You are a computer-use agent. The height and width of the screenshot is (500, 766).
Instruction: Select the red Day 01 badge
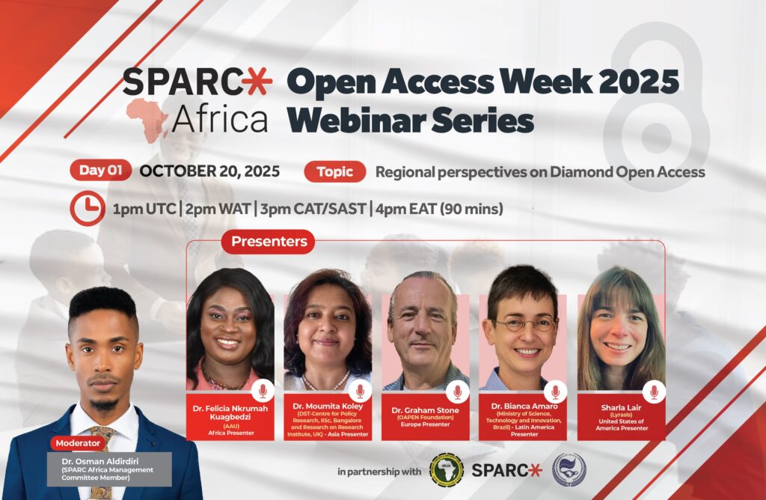(x=101, y=171)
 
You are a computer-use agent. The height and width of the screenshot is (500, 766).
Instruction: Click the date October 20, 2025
(x=209, y=171)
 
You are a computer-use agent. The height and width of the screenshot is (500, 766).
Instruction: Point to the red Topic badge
(x=334, y=171)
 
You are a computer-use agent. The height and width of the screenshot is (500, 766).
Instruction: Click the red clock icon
(x=88, y=208)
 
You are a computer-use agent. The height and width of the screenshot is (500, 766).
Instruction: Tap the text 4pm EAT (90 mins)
(x=439, y=209)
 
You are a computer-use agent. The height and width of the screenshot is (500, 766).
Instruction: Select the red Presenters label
(x=269, y=242)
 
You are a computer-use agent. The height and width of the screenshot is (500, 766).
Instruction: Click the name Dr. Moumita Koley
(x=328, y=406)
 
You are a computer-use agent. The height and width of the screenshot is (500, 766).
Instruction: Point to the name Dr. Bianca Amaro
(x=524, y=406)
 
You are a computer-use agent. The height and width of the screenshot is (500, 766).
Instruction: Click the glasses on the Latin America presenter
(x=524, y=323)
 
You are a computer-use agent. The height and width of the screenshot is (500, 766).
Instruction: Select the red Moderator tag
(x=78, y=443)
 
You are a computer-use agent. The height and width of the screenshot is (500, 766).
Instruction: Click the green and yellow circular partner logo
(x=446, y=470)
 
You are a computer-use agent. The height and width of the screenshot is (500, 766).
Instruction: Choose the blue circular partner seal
(x=569, y=470)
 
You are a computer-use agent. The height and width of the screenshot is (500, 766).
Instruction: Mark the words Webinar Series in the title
(x=410, y=121)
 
